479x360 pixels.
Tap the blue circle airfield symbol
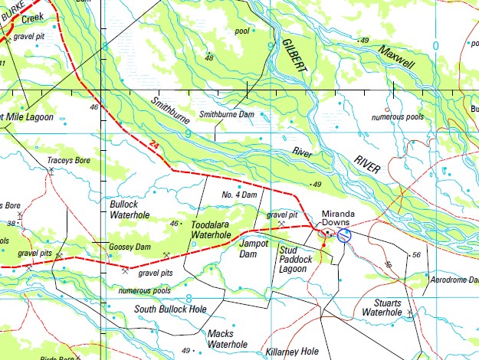pos(345,236)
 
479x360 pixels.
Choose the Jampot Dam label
pos(254,248)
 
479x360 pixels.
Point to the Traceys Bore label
pos(69,161)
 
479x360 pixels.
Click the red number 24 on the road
pos(154,145)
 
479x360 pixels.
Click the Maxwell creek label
pos(395,57)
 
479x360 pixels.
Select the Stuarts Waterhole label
pos(382,307)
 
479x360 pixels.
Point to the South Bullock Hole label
pos(170,309)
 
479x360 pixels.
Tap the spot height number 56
pos(416,254)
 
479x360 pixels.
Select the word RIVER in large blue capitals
pos(372,166)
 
